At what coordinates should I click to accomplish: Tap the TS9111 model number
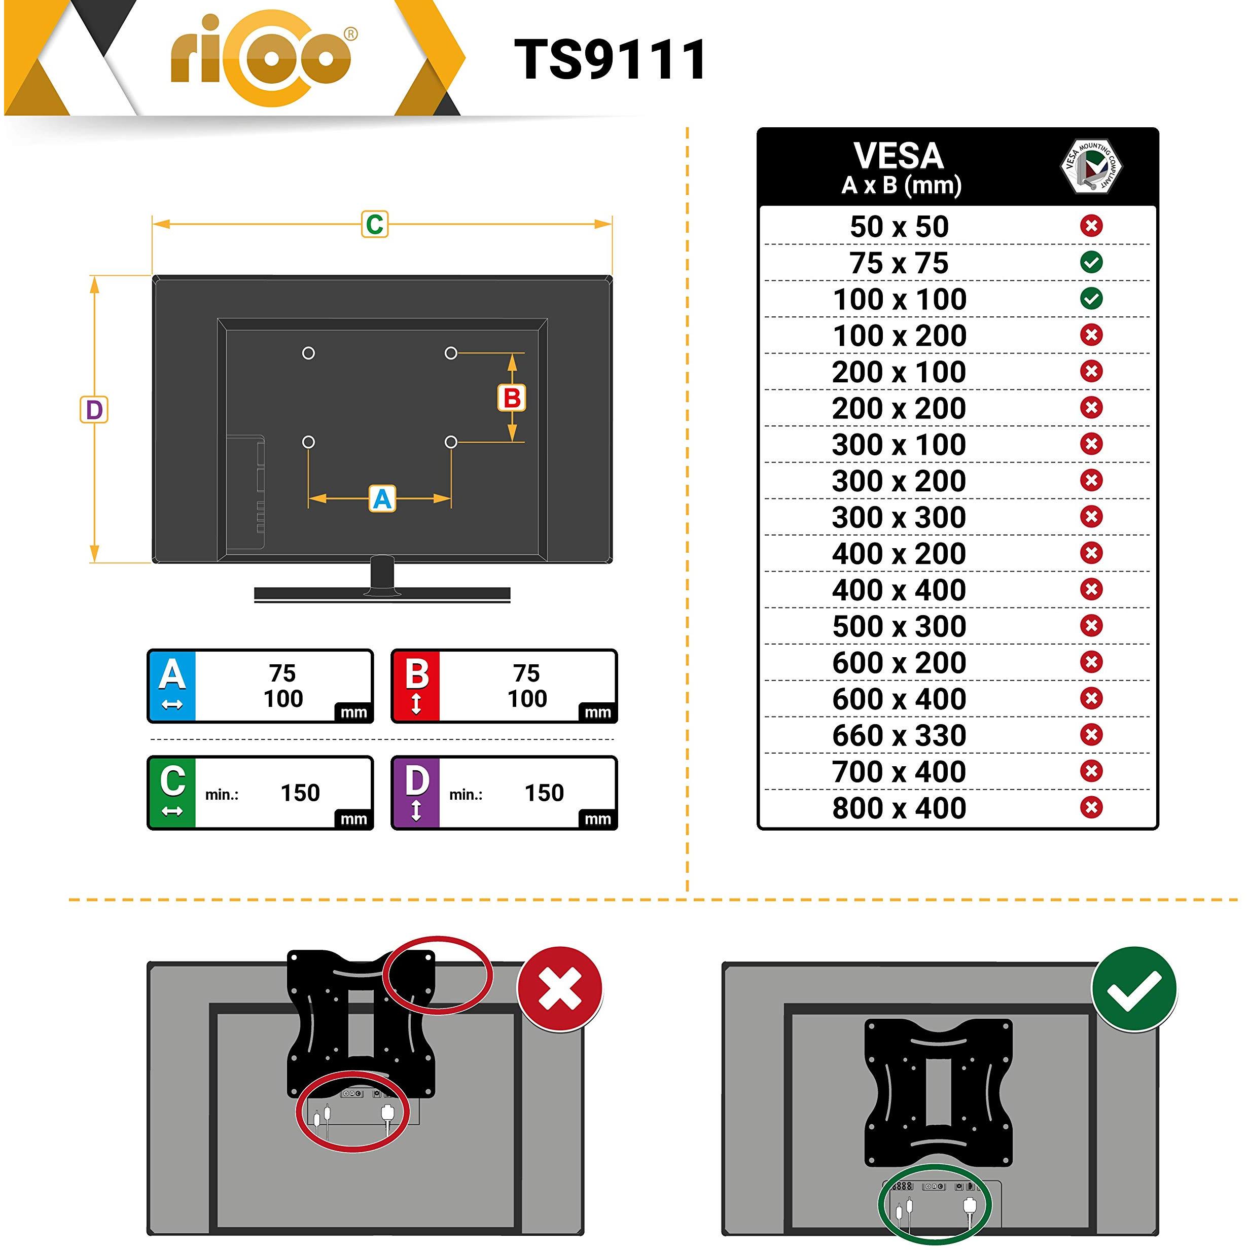tap(610, 59)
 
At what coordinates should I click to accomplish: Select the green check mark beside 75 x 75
tap(1091, 262)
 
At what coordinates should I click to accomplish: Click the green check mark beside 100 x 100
tap(1091, 298)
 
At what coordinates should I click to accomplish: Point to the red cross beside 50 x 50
tap(1091, 226)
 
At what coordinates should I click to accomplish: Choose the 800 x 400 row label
tap(899, 808)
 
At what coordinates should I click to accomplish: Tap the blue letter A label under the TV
tap(382, 499)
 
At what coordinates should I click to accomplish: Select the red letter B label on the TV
tap(512, 398)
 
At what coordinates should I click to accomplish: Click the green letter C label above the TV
tap(375, 225)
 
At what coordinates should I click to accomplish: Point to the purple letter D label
tap(94, 410)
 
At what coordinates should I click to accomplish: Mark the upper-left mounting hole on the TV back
tap(309, 353)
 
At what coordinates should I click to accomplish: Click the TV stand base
tap(382, 594)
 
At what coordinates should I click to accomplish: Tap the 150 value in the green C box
tap(300, 793)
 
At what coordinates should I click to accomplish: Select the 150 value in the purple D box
tap(544, 793)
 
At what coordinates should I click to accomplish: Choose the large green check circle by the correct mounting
tap(1134, 990)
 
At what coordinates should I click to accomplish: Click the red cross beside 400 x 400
tap(1091, 589)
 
